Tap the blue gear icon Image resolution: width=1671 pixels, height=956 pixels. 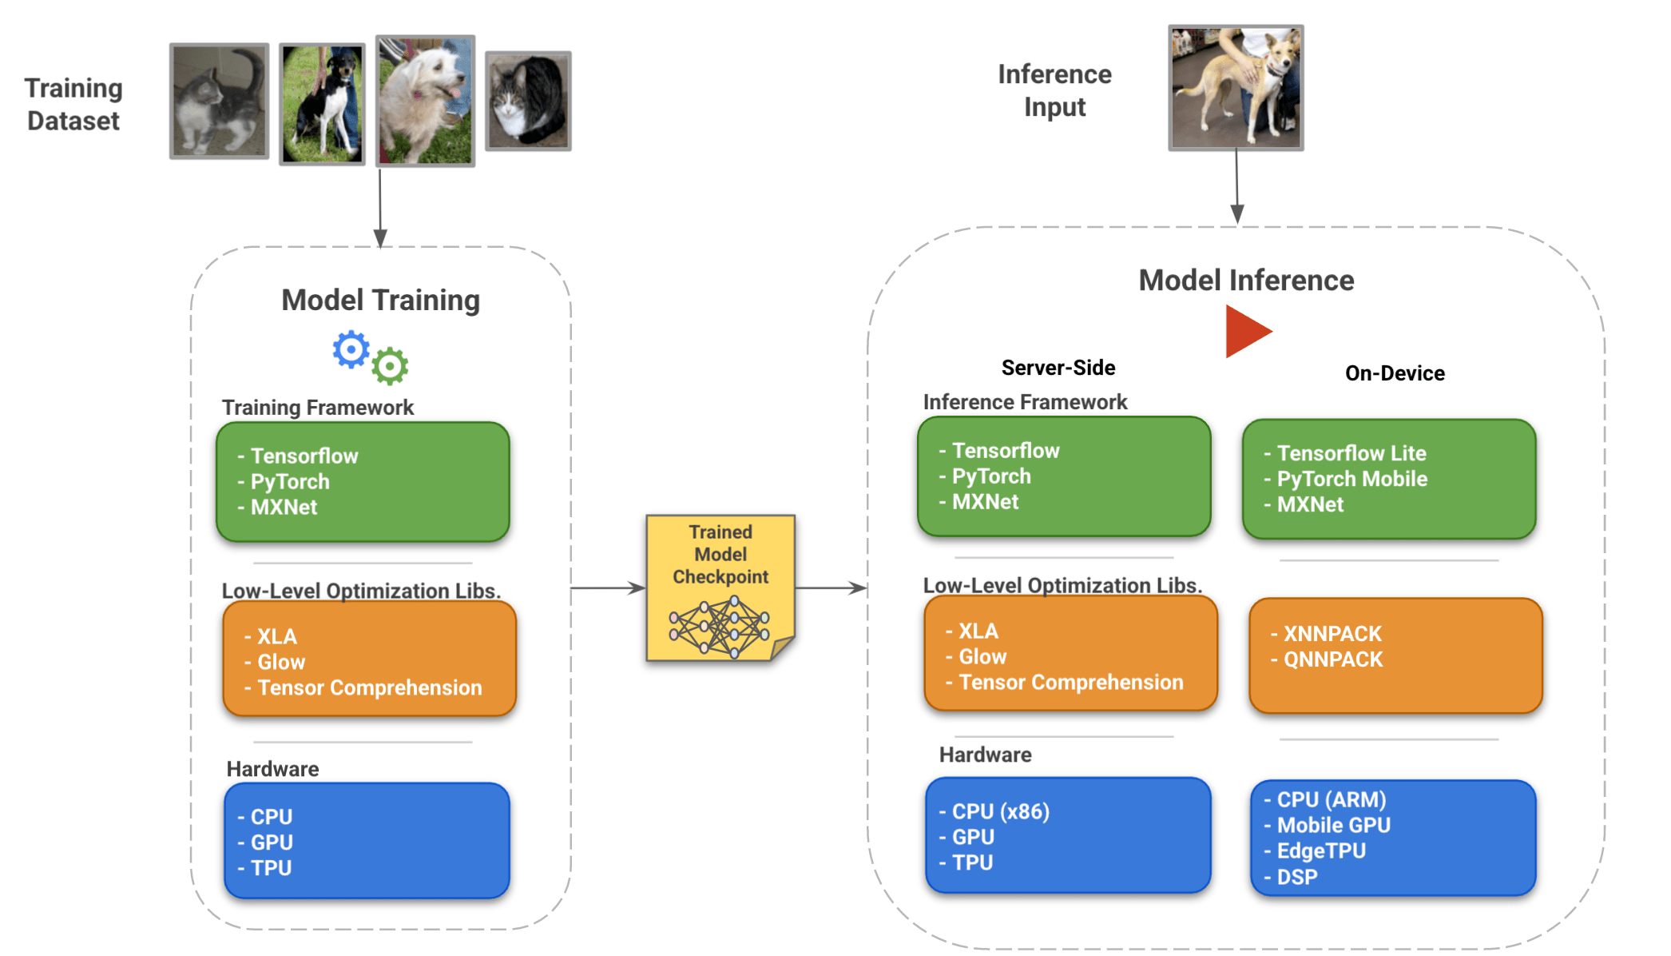click(x=351, y=349)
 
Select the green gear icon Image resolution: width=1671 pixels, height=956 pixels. click(x=390, y=366)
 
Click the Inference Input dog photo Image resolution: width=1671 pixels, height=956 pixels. click(x=1236, y=87)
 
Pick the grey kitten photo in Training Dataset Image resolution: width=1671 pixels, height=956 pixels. click(x=219, y=102)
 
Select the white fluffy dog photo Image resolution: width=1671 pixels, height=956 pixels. click(x=425, y=101)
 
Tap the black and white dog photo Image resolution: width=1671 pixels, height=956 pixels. click(x=322, y=104)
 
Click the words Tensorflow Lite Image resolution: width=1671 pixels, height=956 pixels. click(x=1351, y=453)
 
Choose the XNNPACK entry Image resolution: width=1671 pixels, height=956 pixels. click(x=1332, y=634)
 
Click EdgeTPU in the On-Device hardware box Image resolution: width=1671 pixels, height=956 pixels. click(x=1321, y=850)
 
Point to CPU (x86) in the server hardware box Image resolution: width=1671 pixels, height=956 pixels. click(x=1001, y=811)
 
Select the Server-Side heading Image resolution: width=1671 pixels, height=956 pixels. click(x=1058, y=368)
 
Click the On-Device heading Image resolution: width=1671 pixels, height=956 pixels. click(x=1395, y=373)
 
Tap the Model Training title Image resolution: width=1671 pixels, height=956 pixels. click(x=380, y=301)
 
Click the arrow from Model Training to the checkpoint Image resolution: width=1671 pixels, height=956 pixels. click(x=608, y=588)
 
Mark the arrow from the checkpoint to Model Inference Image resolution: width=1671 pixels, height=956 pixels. click(x=831, y=588)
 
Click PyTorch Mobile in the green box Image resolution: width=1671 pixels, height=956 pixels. click(x=1351, y=479)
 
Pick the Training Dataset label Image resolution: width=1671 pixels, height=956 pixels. click(x=73, y=104)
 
